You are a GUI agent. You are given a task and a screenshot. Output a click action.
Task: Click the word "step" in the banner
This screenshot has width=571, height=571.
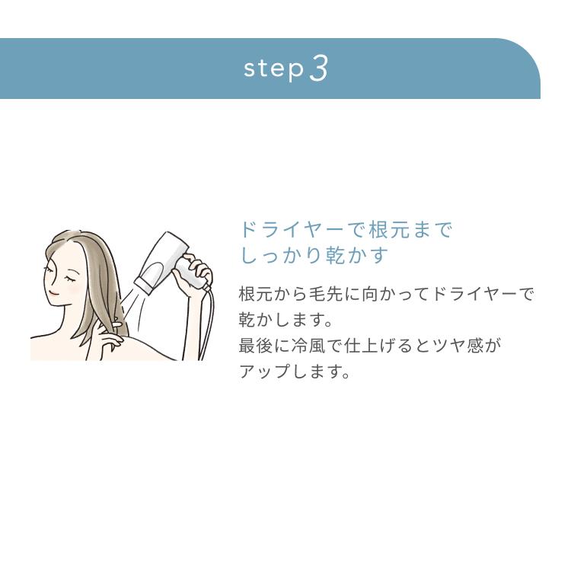pyautogui.click(x=273, y=69)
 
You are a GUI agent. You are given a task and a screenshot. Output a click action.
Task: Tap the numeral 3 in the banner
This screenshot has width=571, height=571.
pyautogui.click(x=320, y=69)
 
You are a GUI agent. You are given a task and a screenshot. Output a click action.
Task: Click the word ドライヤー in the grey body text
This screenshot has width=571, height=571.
pyautogui.click(x=473, y=294)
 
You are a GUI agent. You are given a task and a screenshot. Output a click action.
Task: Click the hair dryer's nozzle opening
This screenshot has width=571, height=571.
pyautogui.click(x=144, y=285)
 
